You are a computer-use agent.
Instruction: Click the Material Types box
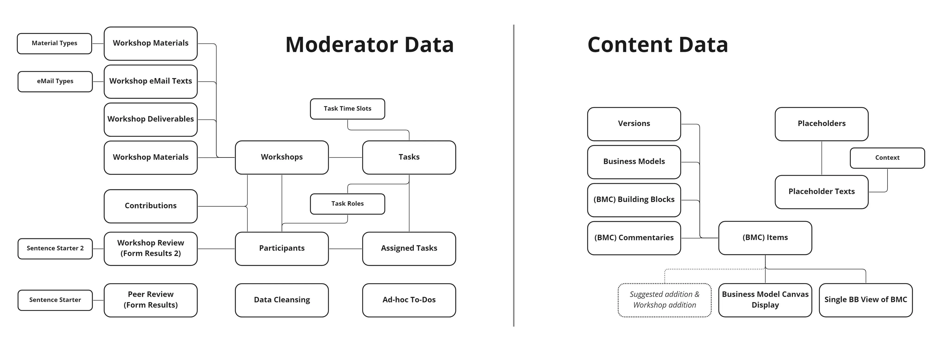tap(54, 44)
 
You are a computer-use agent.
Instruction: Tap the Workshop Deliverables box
tap(150, 119)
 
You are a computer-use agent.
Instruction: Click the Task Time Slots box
tap(347, 109)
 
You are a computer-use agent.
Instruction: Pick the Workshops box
tap(282, 157)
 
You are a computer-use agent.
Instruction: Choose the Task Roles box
tap(347, 204)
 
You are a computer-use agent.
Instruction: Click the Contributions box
tap(150, 206)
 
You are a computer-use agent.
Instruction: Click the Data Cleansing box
tap(282, 300)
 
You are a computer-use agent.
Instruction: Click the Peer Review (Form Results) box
tap(150, 300)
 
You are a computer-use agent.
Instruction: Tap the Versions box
tap(634, 124)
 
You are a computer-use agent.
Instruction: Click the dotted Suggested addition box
tap(664, 300)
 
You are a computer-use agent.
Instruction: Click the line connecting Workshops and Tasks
tap(345, 158)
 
